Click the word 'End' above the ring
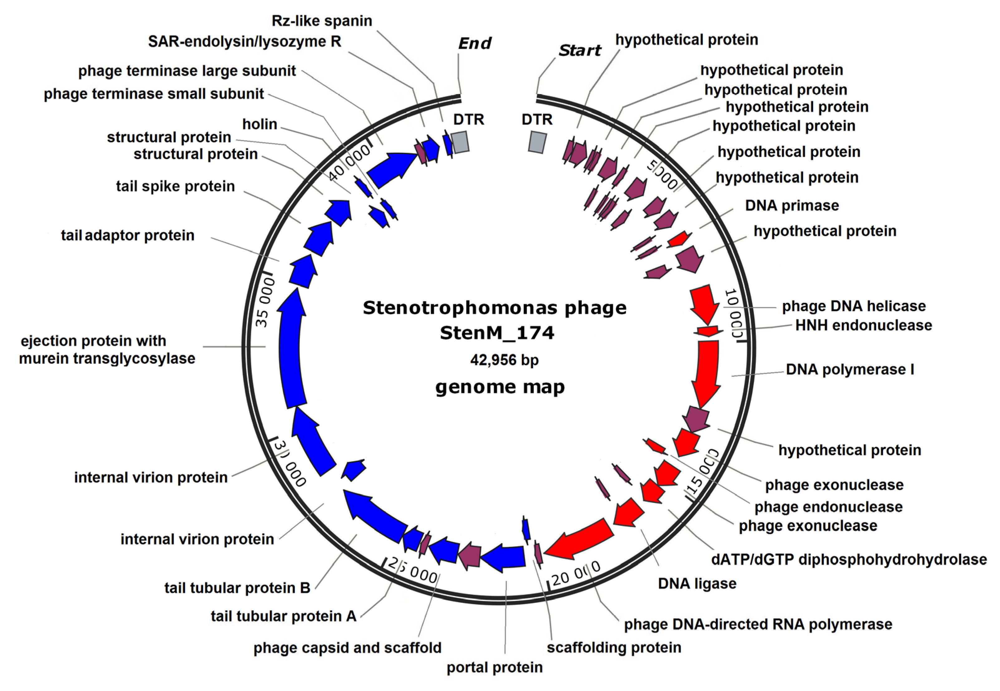point(474,43)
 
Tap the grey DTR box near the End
point(460,142)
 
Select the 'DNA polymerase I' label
point(850,369)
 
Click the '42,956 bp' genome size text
point(504,360)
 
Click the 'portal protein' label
point(494,667)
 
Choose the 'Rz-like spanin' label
point(322,21)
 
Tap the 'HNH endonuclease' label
point(863,325)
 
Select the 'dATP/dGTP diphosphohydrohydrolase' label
point(849,559)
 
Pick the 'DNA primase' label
point(792,205)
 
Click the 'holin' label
point(260,124)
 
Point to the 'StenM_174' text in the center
point(497,333)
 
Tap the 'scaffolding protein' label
point(614,647)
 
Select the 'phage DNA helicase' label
point(853,306)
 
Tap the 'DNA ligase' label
point(697,584)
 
